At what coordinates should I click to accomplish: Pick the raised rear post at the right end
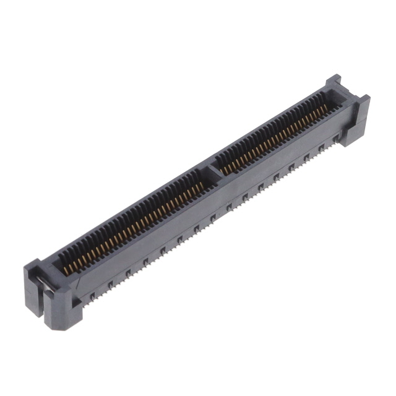334,84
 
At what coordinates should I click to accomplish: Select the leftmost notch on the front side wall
92,296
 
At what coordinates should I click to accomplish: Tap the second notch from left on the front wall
110,285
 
